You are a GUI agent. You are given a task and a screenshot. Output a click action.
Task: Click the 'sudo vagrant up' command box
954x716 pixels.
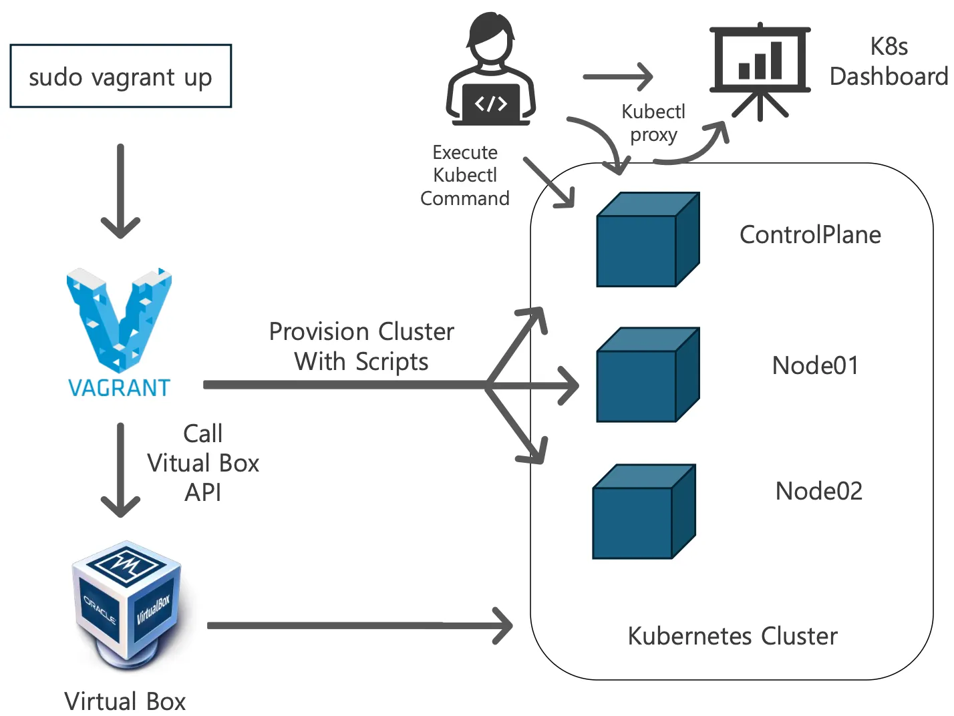click(120, 76)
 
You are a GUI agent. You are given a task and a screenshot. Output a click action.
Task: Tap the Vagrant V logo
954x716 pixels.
click(119, 319)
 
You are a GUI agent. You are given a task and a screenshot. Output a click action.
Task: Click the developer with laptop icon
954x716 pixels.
click(491, 70)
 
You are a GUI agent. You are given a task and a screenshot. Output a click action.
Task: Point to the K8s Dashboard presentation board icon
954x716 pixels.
click(760, 70)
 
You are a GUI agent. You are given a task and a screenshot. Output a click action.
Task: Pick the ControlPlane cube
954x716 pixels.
click(647, 240)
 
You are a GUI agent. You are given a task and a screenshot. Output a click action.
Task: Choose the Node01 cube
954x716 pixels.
click(647, 375)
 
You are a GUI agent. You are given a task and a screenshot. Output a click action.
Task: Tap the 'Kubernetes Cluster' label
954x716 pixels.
click(732, 636)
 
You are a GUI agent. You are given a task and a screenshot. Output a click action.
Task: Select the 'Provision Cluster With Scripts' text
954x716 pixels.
click(361, 347)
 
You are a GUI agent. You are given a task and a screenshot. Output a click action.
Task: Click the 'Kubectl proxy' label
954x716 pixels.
click(653, 123)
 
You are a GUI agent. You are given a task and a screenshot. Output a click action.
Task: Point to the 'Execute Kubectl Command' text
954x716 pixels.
click(465, 176)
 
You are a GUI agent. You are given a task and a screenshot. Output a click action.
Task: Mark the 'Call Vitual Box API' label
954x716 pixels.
click(203, 463)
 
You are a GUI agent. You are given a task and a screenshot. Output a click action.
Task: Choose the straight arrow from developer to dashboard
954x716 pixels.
click(617, 77)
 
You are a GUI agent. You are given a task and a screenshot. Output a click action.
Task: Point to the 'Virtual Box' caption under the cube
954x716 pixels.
click(125, 701)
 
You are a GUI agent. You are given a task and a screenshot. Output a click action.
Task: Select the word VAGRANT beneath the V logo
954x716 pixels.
click(120, 388)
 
